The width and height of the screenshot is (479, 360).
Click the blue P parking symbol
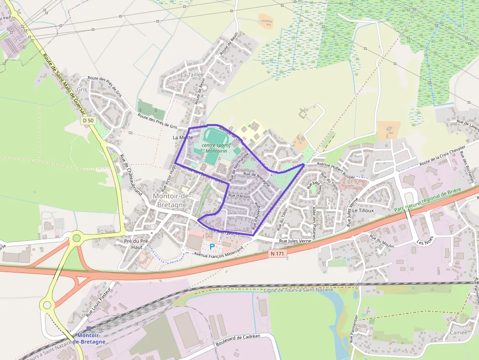click(212, 247)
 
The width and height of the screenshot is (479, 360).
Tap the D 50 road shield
click(88, 120)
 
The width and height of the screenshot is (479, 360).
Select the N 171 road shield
click(277, 254)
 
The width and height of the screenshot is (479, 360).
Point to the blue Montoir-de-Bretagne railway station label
click(89, 339)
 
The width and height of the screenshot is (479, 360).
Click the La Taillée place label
click(192, 75)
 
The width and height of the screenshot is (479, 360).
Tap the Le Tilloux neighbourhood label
click(363, 211)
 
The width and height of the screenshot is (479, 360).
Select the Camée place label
click(458, 332)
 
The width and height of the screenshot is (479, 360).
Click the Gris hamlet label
click(82, 90)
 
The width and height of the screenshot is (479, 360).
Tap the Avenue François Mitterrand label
click(218, 253)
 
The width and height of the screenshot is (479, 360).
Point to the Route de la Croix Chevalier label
click(442, 157)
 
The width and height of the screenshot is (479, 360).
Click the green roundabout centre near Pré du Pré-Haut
click(76, 238)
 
